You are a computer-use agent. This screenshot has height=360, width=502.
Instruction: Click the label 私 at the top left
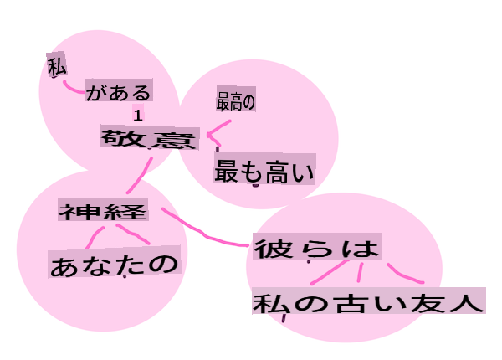point(57,65)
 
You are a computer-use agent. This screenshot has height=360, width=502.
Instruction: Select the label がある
point(119,90)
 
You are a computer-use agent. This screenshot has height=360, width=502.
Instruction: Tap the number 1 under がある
point(138,115)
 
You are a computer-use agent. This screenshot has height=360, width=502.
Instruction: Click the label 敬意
point(150,138)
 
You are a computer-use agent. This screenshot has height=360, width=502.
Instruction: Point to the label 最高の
point(236,100)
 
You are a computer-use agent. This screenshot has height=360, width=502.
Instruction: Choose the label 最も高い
point(264,169)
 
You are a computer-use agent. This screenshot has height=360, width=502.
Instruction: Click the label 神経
point(103,210)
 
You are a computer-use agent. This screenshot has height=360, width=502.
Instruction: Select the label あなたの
point(115,262)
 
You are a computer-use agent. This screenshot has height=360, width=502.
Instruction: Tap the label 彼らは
point(317,247)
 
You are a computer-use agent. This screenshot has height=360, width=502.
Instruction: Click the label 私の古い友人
point(369,301)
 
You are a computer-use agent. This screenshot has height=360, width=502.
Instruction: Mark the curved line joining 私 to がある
point(74,87)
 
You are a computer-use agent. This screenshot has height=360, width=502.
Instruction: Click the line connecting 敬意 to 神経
point(140,176)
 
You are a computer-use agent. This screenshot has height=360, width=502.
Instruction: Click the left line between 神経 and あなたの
point(94,237)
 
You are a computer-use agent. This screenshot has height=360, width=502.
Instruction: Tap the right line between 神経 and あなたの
point(133,234)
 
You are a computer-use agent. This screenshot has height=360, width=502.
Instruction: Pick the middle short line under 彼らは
point(361,273)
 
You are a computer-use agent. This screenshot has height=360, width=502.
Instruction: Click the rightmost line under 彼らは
point(405,275)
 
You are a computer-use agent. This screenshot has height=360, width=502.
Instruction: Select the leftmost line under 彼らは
point(330,272)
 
